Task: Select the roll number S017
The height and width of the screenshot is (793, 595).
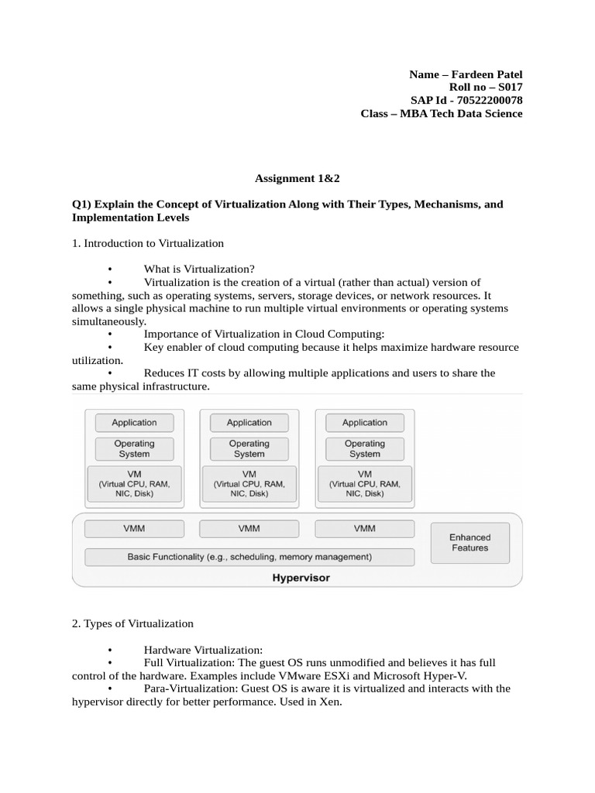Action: pos(508,88)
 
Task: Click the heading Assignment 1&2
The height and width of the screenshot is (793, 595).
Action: pos(297,178)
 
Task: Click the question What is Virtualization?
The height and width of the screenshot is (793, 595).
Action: pos(199,269)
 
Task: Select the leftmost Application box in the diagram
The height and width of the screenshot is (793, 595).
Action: pos(134,423)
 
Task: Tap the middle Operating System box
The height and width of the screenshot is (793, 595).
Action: pos(249,449)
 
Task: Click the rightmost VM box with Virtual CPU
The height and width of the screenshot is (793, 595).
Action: pos(364,483)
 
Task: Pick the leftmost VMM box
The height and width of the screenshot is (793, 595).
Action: pos(134,529)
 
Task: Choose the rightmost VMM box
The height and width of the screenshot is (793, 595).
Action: pos(364,529)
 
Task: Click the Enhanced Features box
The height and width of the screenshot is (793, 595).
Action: pos(469,542)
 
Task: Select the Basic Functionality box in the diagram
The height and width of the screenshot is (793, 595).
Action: pos(249,557)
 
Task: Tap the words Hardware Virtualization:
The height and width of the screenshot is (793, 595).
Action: pos(204,650)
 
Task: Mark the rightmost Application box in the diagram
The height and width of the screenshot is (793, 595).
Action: pos(364,423)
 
